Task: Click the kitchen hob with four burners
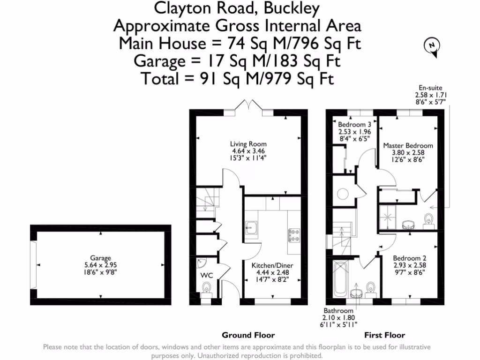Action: click(x=294, y=235)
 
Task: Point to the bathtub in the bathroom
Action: click(x=339, y=279)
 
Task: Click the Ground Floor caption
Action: click(x=248, y=335)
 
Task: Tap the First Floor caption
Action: click(x=384, y=335)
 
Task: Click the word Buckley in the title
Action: click(x=292, y=8)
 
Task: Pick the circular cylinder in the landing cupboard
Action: click(x=343, y=194)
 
